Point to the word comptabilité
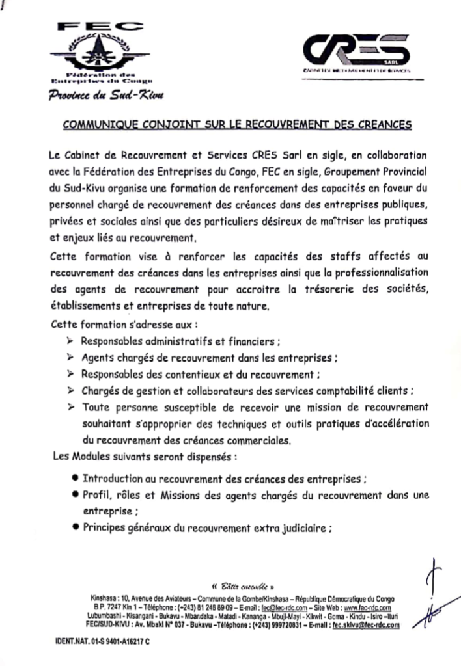[341, 391]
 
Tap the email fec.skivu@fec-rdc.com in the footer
[365, 624]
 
